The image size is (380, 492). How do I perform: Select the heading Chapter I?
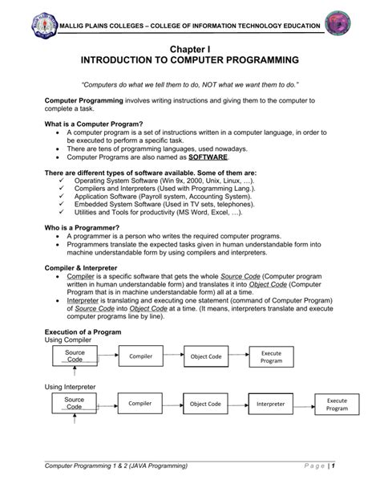(190, 49)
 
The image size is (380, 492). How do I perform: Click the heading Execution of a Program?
(85, 331)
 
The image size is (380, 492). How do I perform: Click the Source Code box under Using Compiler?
(75, 356)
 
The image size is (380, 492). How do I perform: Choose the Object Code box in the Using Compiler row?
(204, 356)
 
